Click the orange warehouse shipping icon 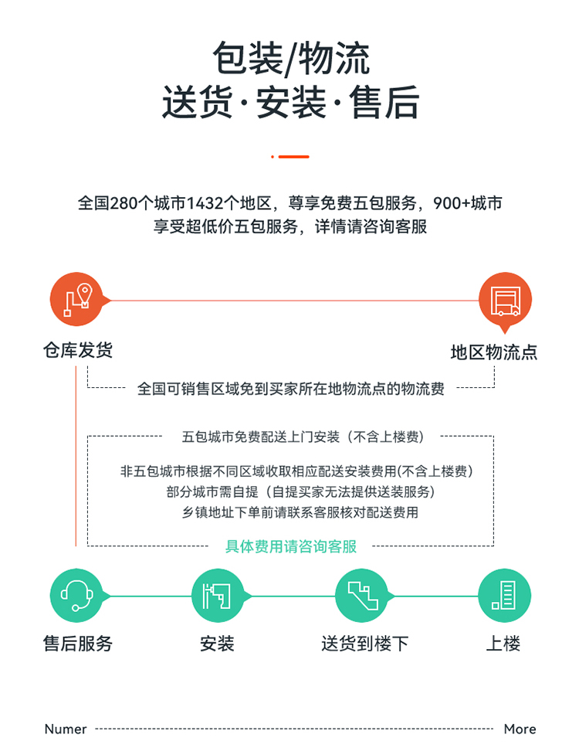click(76, 299)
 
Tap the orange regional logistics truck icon click(505, 300)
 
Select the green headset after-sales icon click(76, 595)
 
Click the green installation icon click(217, 595)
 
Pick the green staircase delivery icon click(362, 595)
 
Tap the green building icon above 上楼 click(504, 595)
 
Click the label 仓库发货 click(78, 350)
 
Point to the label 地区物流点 click(494, 352)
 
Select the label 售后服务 click(78, 643)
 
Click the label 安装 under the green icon click(217, 643)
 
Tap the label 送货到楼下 click(364, 643)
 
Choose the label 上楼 click(503, 643)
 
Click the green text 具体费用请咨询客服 click(291, 546)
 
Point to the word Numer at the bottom click(66, 729)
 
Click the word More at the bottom click(520, 729)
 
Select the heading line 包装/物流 click(291, 59)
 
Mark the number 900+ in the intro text click(452, 203)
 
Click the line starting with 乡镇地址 click(300, 512)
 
